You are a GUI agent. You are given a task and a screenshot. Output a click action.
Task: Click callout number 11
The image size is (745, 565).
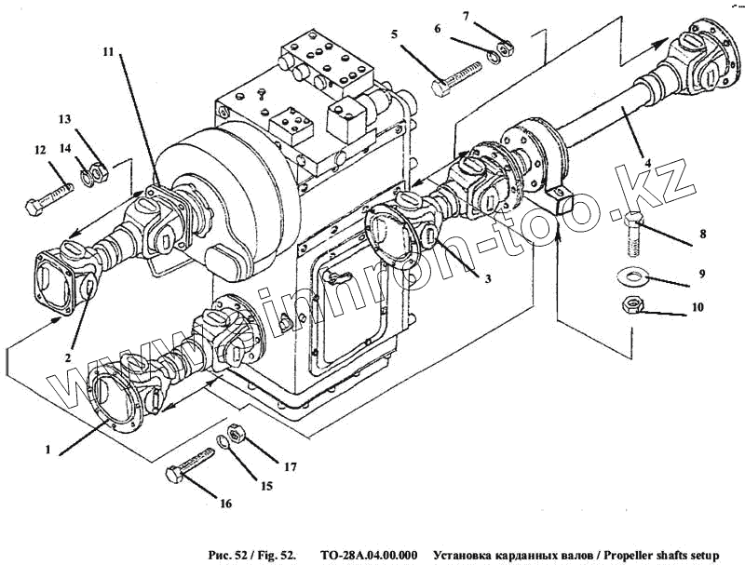pos(109,52)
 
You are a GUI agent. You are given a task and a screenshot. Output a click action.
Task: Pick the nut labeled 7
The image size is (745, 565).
pos(502,47)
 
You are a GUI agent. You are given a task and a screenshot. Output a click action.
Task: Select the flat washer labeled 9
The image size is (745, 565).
pos(634,275)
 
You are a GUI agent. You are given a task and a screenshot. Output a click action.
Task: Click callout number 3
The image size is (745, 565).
pos(487,276)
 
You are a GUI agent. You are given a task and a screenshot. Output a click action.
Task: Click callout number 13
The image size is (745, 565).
pos(64,119)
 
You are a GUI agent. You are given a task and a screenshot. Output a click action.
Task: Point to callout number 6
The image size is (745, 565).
pos(436,29)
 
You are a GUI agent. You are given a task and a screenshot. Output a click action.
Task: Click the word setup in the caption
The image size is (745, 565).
pos(702,556)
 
